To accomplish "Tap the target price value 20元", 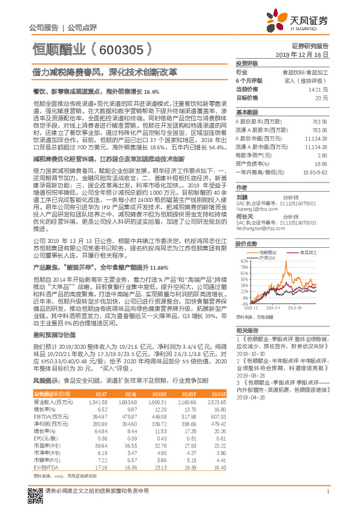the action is [322, 97].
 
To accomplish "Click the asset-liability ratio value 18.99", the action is [321, 164].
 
